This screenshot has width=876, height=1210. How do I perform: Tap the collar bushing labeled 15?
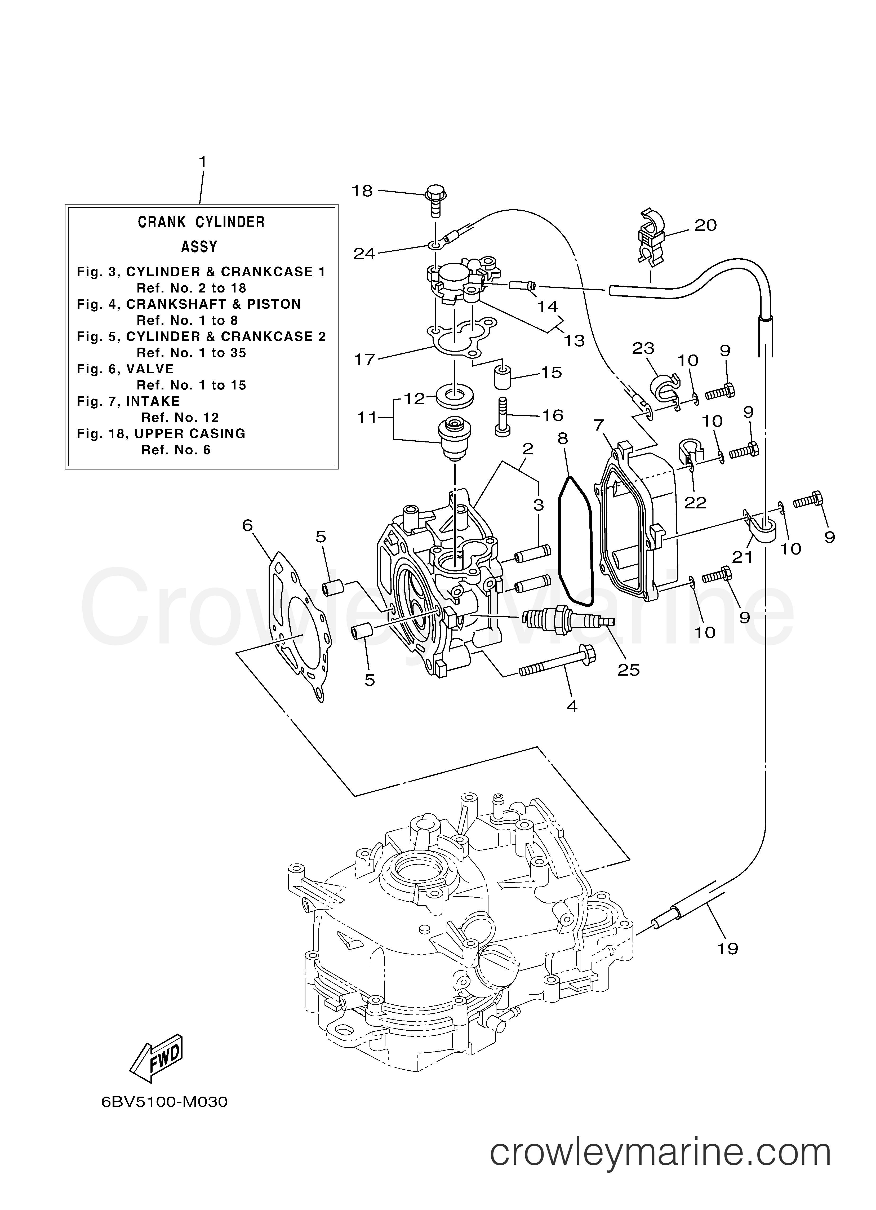pyautogui.click(x=503, y=378)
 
